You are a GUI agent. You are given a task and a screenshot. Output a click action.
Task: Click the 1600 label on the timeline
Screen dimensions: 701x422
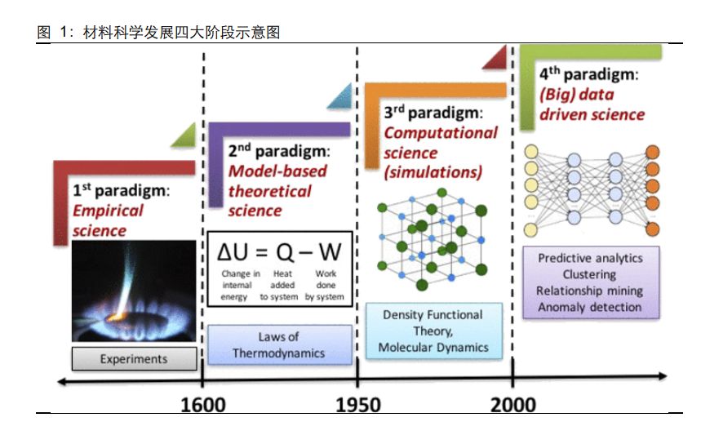203,405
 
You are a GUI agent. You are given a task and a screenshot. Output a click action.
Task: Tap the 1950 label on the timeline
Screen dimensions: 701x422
358,405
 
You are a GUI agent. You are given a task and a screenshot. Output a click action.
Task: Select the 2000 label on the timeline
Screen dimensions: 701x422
513,405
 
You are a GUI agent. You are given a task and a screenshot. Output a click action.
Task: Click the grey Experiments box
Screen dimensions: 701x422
134,358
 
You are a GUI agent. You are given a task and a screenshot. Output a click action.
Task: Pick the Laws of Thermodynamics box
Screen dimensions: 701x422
279,344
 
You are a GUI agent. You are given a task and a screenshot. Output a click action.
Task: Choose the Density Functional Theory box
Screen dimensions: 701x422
433,331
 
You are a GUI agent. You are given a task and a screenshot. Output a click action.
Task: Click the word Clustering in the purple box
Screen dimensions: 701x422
590,274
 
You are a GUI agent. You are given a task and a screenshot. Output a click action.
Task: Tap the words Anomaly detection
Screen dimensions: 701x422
590,307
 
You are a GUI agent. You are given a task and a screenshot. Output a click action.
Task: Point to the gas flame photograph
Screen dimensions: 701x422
134,291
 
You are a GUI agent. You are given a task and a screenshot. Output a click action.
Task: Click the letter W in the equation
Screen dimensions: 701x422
330,252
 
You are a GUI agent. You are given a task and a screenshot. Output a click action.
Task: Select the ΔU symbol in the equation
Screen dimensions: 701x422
232,252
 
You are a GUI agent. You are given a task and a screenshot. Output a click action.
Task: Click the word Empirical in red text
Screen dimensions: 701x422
108,211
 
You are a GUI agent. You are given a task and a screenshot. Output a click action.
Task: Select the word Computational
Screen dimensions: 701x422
441,133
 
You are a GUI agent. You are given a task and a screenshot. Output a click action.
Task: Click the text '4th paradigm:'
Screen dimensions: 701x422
588,73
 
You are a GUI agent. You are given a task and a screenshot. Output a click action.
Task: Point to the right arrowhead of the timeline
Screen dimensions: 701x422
663,376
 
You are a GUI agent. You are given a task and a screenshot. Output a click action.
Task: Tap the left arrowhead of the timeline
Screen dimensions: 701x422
63,381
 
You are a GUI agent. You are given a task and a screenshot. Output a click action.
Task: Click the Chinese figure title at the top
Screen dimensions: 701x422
158,32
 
